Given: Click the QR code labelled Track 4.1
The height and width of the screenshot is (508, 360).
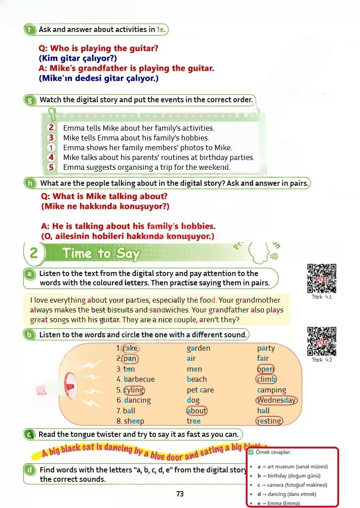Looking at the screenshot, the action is pos(321,278).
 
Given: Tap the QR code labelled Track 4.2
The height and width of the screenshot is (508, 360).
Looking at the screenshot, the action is pos(321,341).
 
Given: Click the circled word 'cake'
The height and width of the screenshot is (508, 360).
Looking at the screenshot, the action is pos(130,348).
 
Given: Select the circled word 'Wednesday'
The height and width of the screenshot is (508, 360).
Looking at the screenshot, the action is pos(276,400).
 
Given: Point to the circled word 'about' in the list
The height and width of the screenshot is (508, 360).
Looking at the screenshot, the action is pos(197,411).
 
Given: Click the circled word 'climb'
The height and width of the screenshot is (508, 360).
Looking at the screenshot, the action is pos(266,379).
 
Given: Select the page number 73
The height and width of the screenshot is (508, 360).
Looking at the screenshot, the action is pos(180,494).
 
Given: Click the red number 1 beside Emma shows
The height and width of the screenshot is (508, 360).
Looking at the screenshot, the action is pos(51,148).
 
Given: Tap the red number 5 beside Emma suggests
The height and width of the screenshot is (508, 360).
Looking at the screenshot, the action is pos(51,167).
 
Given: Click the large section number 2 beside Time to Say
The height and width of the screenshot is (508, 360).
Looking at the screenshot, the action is pos(34,253).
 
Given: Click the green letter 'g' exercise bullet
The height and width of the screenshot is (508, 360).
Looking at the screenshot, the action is pos(30,100).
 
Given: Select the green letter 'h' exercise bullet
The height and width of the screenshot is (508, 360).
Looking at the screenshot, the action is pos(30,184).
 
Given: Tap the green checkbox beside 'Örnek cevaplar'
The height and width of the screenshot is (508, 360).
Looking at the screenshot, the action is pos(251,452).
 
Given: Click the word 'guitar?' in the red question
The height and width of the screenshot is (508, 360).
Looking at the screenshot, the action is pos(143,48).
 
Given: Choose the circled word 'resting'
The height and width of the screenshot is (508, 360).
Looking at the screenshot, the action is pos(269,421).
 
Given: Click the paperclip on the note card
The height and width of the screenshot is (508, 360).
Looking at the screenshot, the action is pos(52,114).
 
